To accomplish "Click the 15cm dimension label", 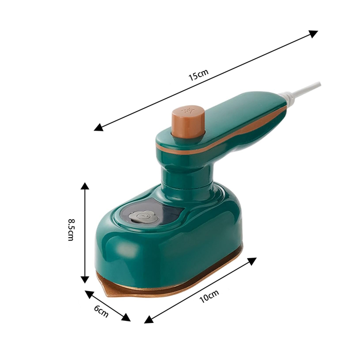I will pos(198,77).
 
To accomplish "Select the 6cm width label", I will pos(101,310).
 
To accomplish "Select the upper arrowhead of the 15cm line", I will pos(313,33).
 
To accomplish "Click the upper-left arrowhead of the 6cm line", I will pos(89,294).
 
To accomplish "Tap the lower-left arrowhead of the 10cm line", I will pos(149,319).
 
